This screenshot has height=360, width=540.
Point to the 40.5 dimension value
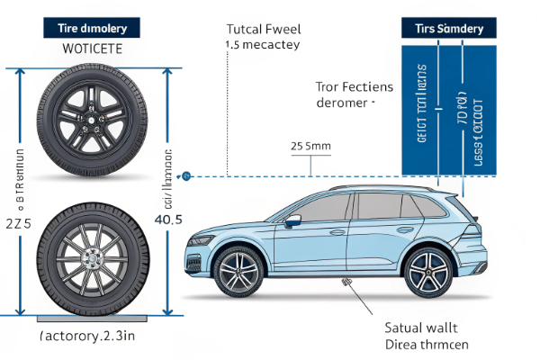(168, 220)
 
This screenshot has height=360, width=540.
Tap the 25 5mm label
(310, 145)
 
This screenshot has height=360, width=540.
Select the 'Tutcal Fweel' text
(262, 27)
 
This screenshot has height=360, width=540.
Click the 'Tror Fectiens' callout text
(354, 87)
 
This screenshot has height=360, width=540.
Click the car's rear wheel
(427, 273)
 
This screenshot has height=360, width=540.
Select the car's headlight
(200, 240)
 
